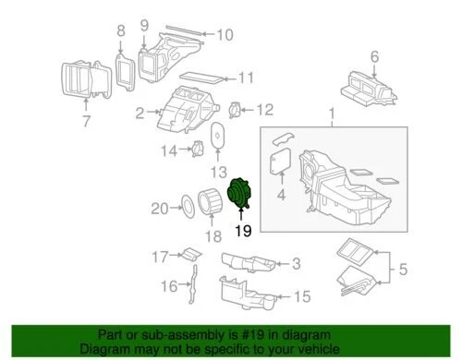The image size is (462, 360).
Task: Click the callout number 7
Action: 86,121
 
